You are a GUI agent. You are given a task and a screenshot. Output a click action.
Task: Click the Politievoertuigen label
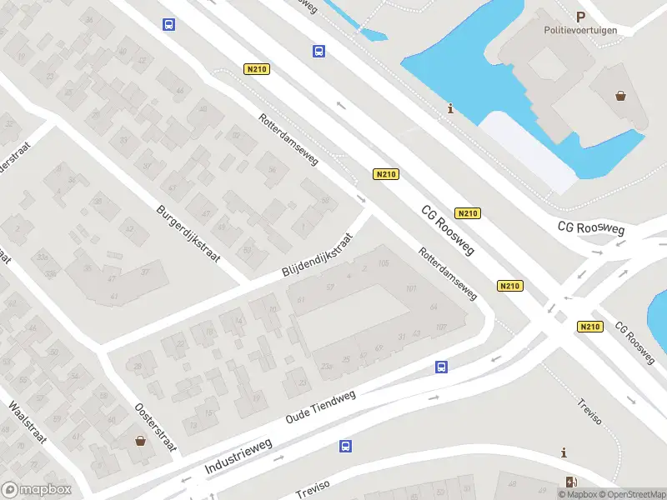pyautogui.click(x=580, y=30)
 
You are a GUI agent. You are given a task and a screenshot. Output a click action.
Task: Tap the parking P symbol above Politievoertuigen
pyautogui.click(x=581, y=16)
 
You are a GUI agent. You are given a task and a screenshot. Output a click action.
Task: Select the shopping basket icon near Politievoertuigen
pyautogui.click(x=621, y=95)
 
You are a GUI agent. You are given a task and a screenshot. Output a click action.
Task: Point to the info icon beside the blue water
pyautogui.click(x=451, y=108)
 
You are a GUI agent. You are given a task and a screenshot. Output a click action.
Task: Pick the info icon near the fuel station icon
pyautogui.click(x=565, y=452)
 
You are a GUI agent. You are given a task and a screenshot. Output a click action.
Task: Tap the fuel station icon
pyautogui.click(x=570, y=482)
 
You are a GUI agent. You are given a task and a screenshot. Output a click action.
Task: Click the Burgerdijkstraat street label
pyautogui.click(x=188, y=233)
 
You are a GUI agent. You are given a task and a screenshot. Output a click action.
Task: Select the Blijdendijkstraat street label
pyautogui.click(x=318, y=256)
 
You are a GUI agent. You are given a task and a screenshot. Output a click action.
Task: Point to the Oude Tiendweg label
pyautogui.click(x=320, y=406)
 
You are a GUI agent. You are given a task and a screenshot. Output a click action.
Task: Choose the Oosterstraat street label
pyautogui.click(x=148, y=421)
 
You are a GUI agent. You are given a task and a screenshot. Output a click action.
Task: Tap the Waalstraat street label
pyautogui.click(x=25, y=425)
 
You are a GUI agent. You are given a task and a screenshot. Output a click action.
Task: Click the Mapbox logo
pyautogui.click(x=36, y=490)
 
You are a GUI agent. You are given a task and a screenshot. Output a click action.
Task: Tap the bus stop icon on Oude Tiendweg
pyautogui.click(x=442, y=367)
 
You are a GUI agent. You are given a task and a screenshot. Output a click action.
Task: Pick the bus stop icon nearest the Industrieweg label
pyautogui.click(x=345, y=447)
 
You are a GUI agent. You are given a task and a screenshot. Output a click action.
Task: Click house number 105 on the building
pyautogui.click(x=384, y=264)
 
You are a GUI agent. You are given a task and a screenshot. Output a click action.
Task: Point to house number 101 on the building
pyautogui.click(x=411, y=288)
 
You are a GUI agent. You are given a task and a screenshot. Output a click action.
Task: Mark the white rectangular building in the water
pyautogui.click(x=528, y=151)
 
